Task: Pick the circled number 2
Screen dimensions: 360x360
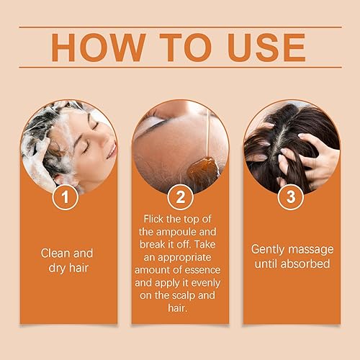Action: point(180,198)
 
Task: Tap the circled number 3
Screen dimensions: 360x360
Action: point(291,198)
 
